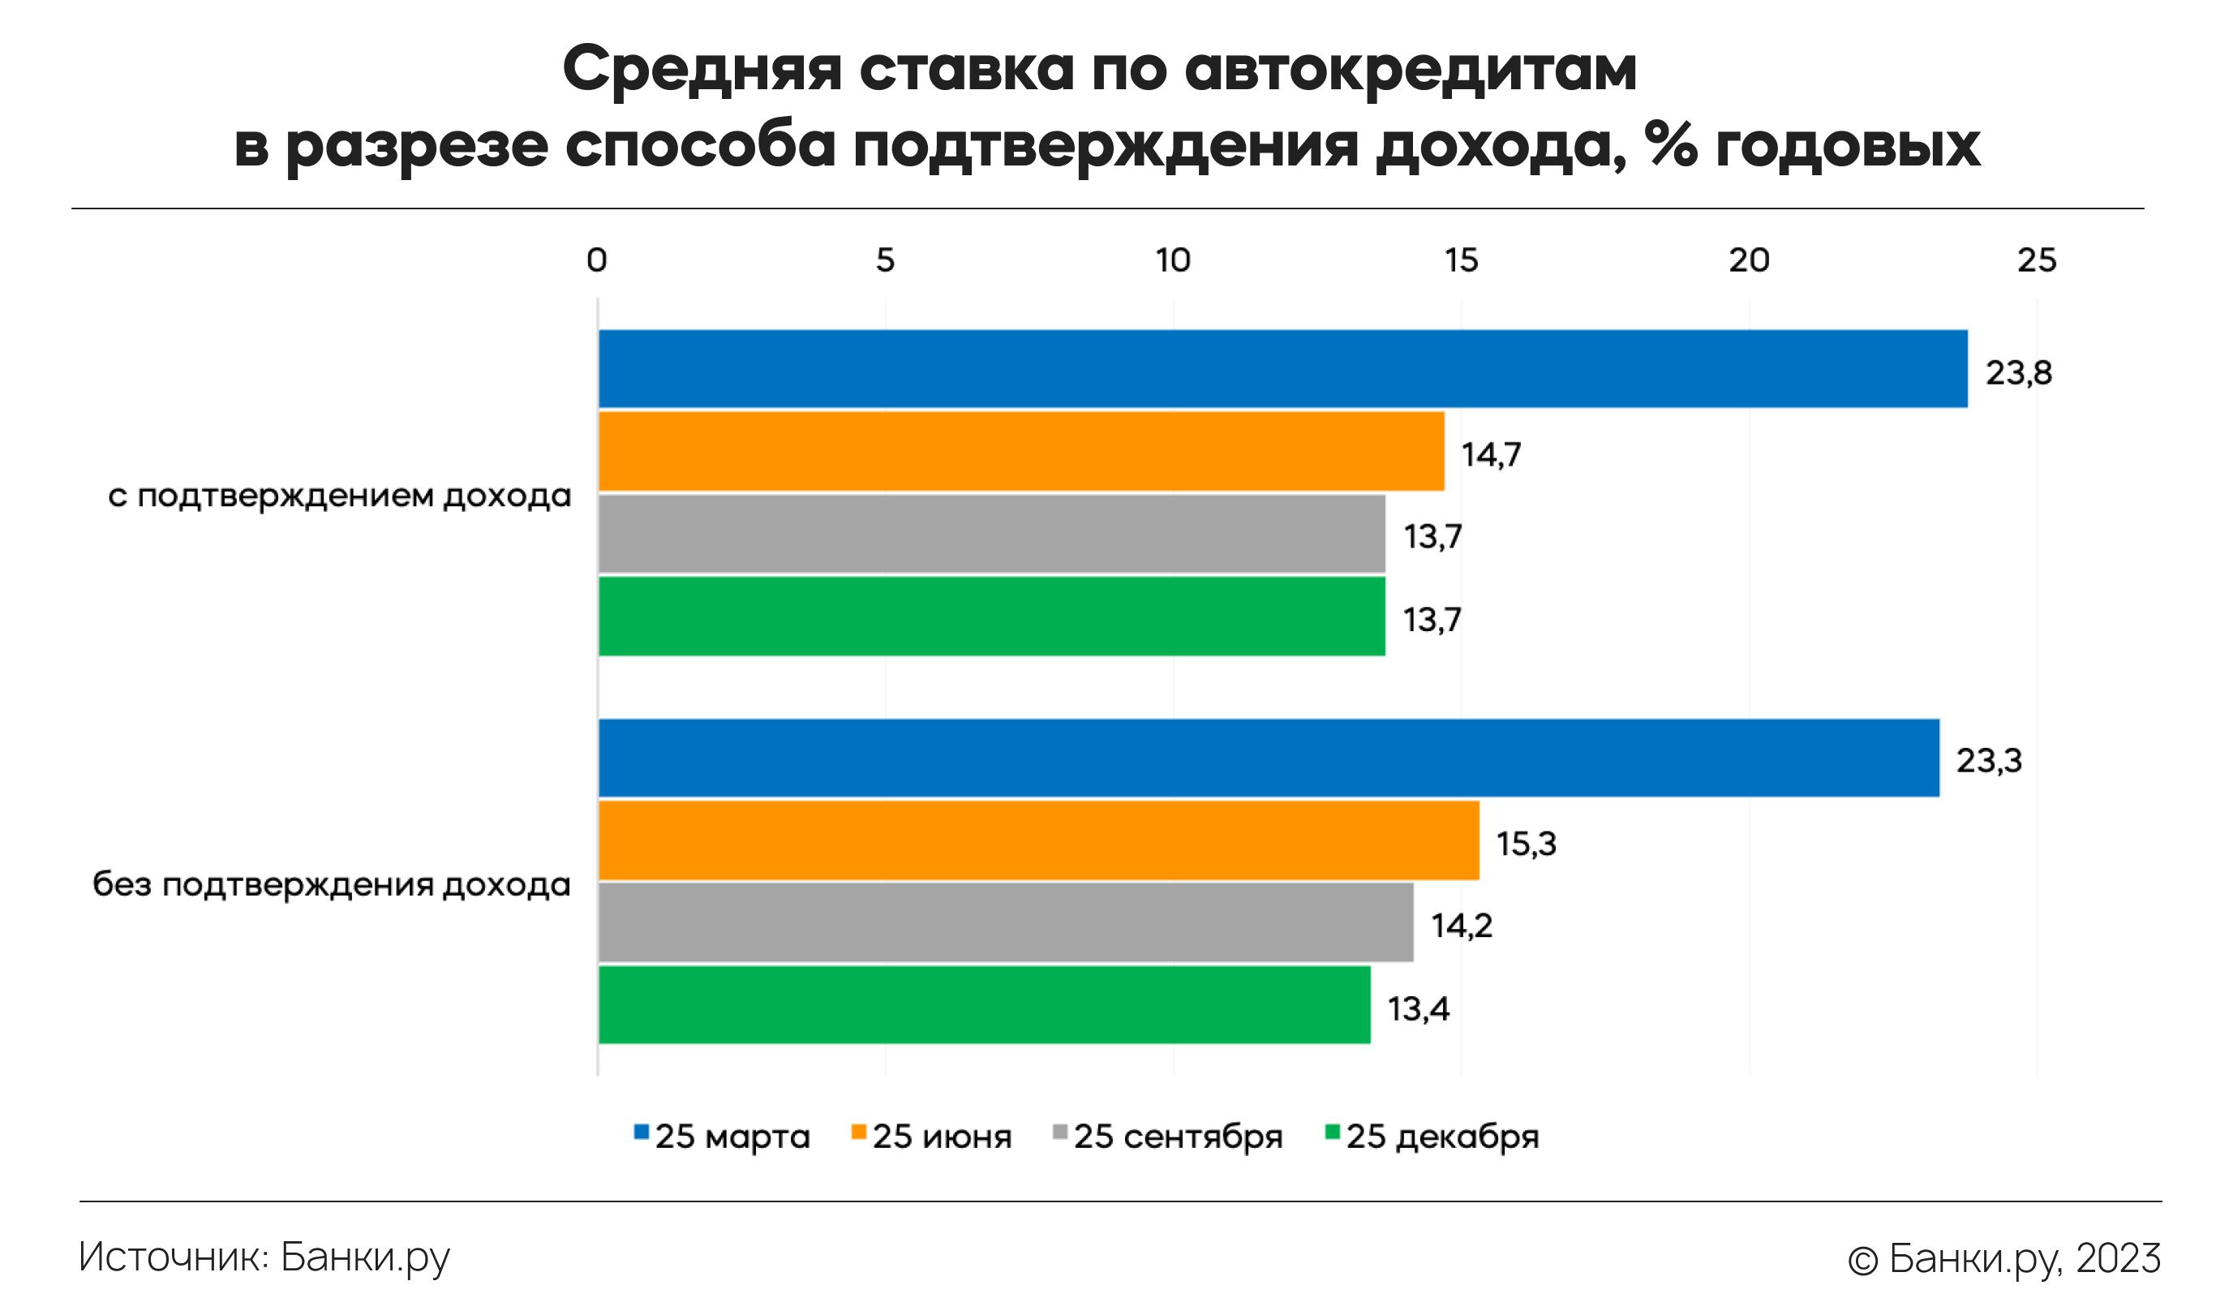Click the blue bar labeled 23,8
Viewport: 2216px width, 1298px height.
pos(1282,368)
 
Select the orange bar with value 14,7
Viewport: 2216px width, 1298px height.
pos(1020,450)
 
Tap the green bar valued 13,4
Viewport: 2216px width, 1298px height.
pos(983,1005)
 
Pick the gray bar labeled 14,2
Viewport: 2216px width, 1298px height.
pos(1005,922)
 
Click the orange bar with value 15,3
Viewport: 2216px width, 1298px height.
pos(1037,840)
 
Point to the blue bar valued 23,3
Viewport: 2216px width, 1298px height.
pos(1268,757)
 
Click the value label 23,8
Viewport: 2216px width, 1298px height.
pos(2018,373)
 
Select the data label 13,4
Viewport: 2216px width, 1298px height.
pos(1418,1008)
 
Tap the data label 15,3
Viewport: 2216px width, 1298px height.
pos(1526,845)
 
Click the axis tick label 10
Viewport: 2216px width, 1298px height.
pos(1172,260)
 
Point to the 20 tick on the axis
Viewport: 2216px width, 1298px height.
pos(1748,260)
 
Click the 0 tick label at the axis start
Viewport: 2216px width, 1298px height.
pos(596,260)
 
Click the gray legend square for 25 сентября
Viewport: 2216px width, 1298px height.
pos(1060,1133)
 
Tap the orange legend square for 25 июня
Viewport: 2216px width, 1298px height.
pos(859,1133)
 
